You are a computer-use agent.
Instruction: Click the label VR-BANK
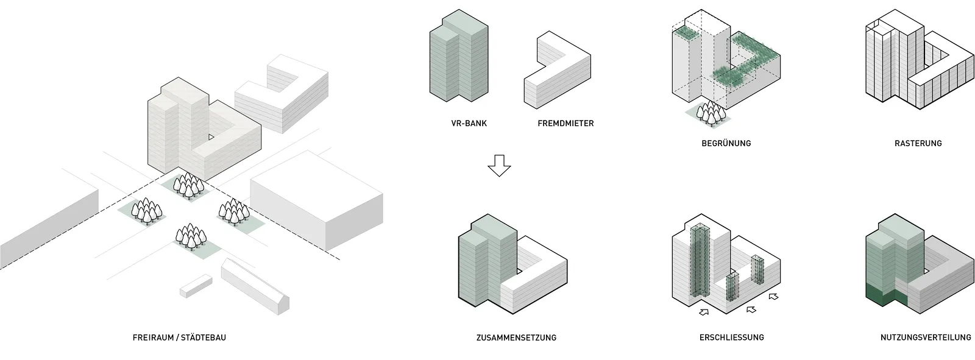(469, 123)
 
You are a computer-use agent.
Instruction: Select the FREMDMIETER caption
(565, 123)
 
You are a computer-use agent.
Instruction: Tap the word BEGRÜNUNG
(726, 143)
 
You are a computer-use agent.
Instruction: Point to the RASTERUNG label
(918, 143)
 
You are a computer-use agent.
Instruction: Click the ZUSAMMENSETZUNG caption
(516, 337)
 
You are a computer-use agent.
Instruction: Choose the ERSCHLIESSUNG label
(732, 337)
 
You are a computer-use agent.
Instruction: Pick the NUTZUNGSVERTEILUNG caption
(926, 337)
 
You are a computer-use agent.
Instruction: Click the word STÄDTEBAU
(204, 337)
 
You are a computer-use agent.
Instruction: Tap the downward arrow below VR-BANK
(499, 166)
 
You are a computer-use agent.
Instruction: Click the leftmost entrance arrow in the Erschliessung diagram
(704, 312)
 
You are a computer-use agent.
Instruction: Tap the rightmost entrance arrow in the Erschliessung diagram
(773, 297)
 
